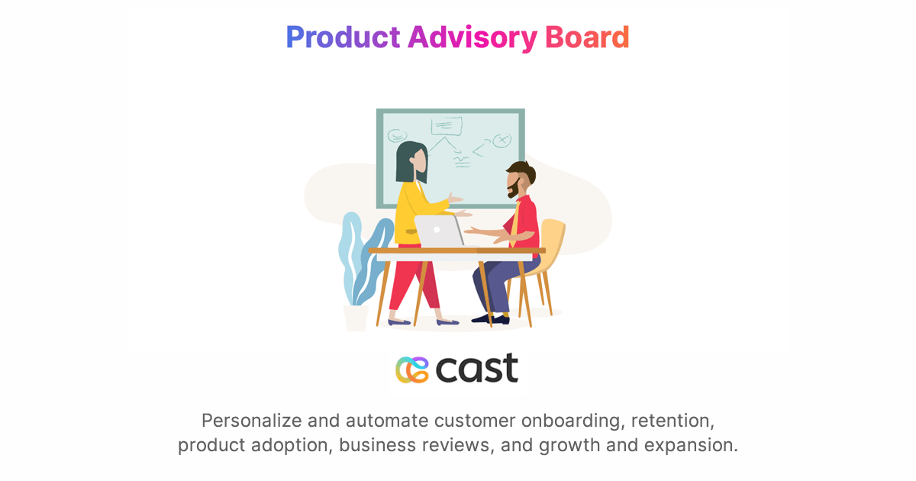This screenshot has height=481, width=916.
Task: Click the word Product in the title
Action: point(343,37)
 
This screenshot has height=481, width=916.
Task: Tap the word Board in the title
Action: point(587,37)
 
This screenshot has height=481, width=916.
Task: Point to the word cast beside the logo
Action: point(477,368)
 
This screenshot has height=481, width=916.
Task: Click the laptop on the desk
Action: point(439,231)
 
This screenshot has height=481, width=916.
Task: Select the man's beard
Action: point(514,188)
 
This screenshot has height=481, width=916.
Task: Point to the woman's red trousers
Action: point(412,282)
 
